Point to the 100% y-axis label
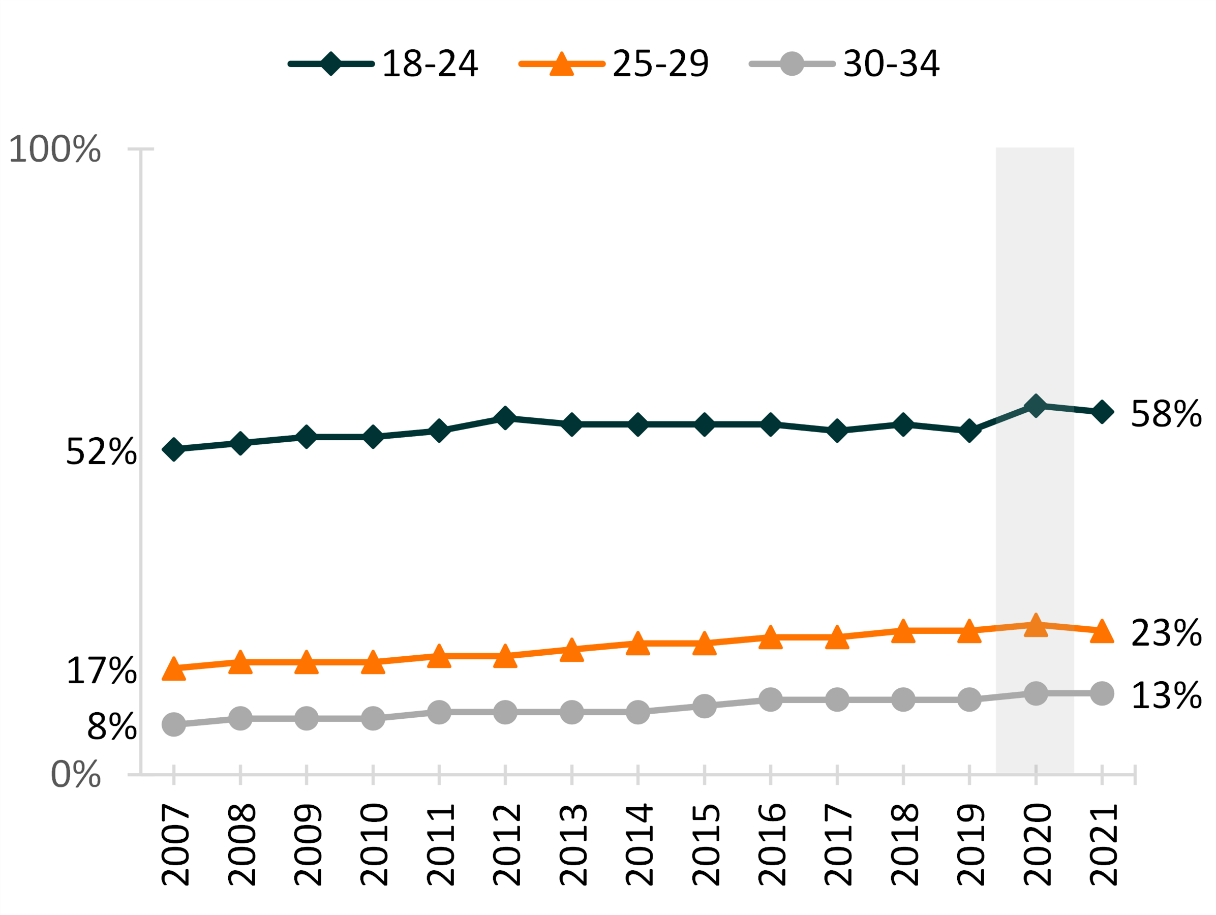pyautogui.click(x=55, y=149)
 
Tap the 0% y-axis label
pyautogui.click(x=76, y=775)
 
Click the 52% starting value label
pyautogui.click(x=101, y=452)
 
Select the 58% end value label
pyautogui.click(x=1166, y=414)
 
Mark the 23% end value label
pyautogui.click(x=1166, y=633)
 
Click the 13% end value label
pyautogui.click(x=1166, y=696)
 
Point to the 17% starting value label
pyautogui.click(x=101, y=671)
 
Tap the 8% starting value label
pyautogui.click(x=112, y=727)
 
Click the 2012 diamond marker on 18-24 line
pyautogui.click(x=505, y=418)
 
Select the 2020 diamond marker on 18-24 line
pyautogui.click(x=1036, y=406)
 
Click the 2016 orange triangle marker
pyautogui.click(x=771, y=638)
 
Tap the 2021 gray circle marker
pyautogui.click(x=1102, y=693)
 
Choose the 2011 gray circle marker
pyautogui.click(x=439, y=712)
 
